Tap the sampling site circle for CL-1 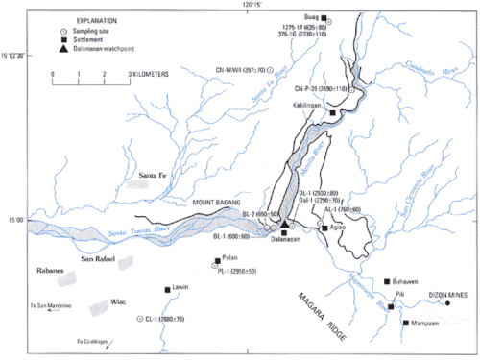[x=141, y=318]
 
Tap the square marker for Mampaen [x=406, y=323]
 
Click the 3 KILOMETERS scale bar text [x=144, y=73]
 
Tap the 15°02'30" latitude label [x=14, y=57]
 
